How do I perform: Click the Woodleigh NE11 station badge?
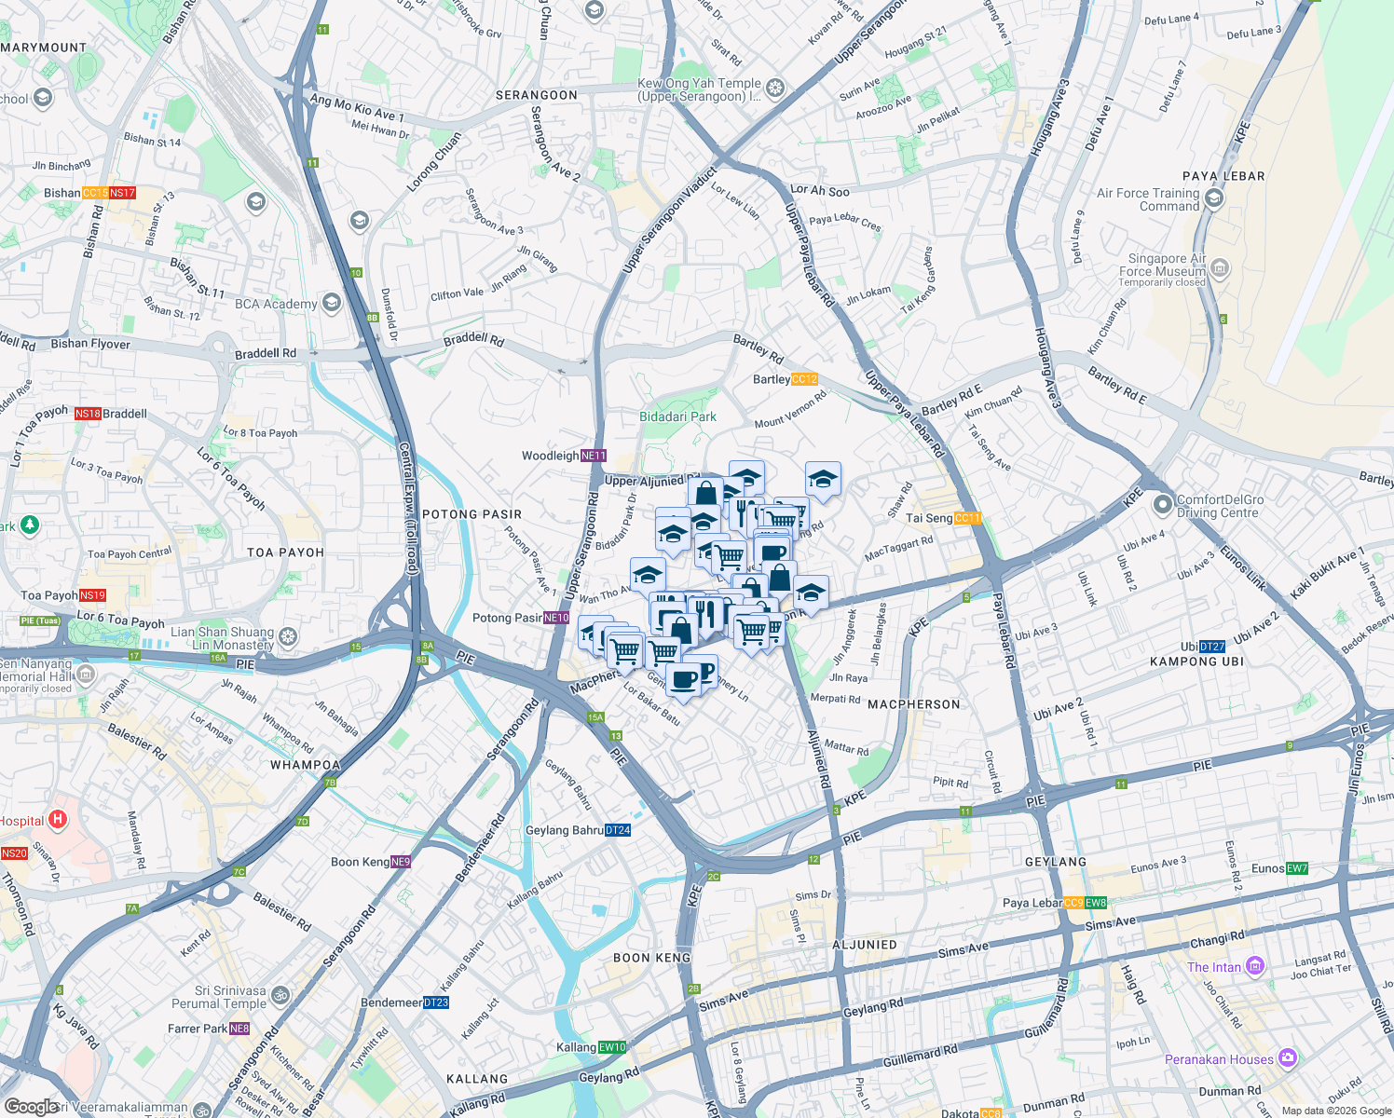594,456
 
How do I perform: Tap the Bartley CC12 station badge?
803,379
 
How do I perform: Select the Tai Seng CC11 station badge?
967,518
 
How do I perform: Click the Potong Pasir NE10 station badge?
556,618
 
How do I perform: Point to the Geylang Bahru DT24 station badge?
618,830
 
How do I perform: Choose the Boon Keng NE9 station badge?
400,862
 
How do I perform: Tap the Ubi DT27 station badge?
1212,647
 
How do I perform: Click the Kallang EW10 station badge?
612,1047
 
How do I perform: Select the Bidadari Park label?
677,416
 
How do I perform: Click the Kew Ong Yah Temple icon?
775,89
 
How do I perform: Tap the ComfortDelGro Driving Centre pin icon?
1162,505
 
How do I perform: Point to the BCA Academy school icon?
331,303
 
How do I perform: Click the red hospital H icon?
58,820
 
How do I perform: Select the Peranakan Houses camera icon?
1288,1057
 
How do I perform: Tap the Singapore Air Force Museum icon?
1220,268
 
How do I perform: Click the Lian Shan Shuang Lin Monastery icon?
288,637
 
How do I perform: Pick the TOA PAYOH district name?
285,552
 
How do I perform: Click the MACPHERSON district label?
913,704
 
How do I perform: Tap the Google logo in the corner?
30,1106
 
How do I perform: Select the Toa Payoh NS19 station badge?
92,595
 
